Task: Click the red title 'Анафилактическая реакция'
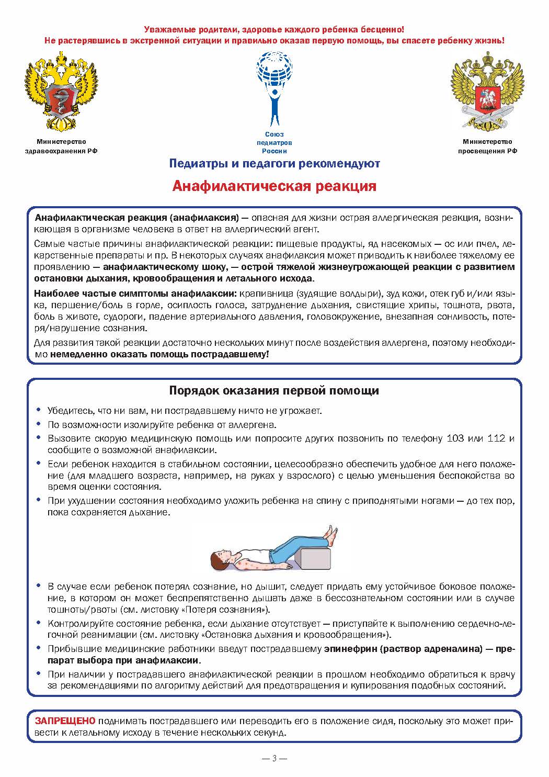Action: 274,186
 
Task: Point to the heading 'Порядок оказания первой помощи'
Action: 274,391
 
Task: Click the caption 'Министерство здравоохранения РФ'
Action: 61,146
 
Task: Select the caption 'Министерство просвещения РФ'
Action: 487,146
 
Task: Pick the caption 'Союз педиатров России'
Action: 274,142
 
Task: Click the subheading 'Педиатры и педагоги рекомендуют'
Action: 274,164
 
